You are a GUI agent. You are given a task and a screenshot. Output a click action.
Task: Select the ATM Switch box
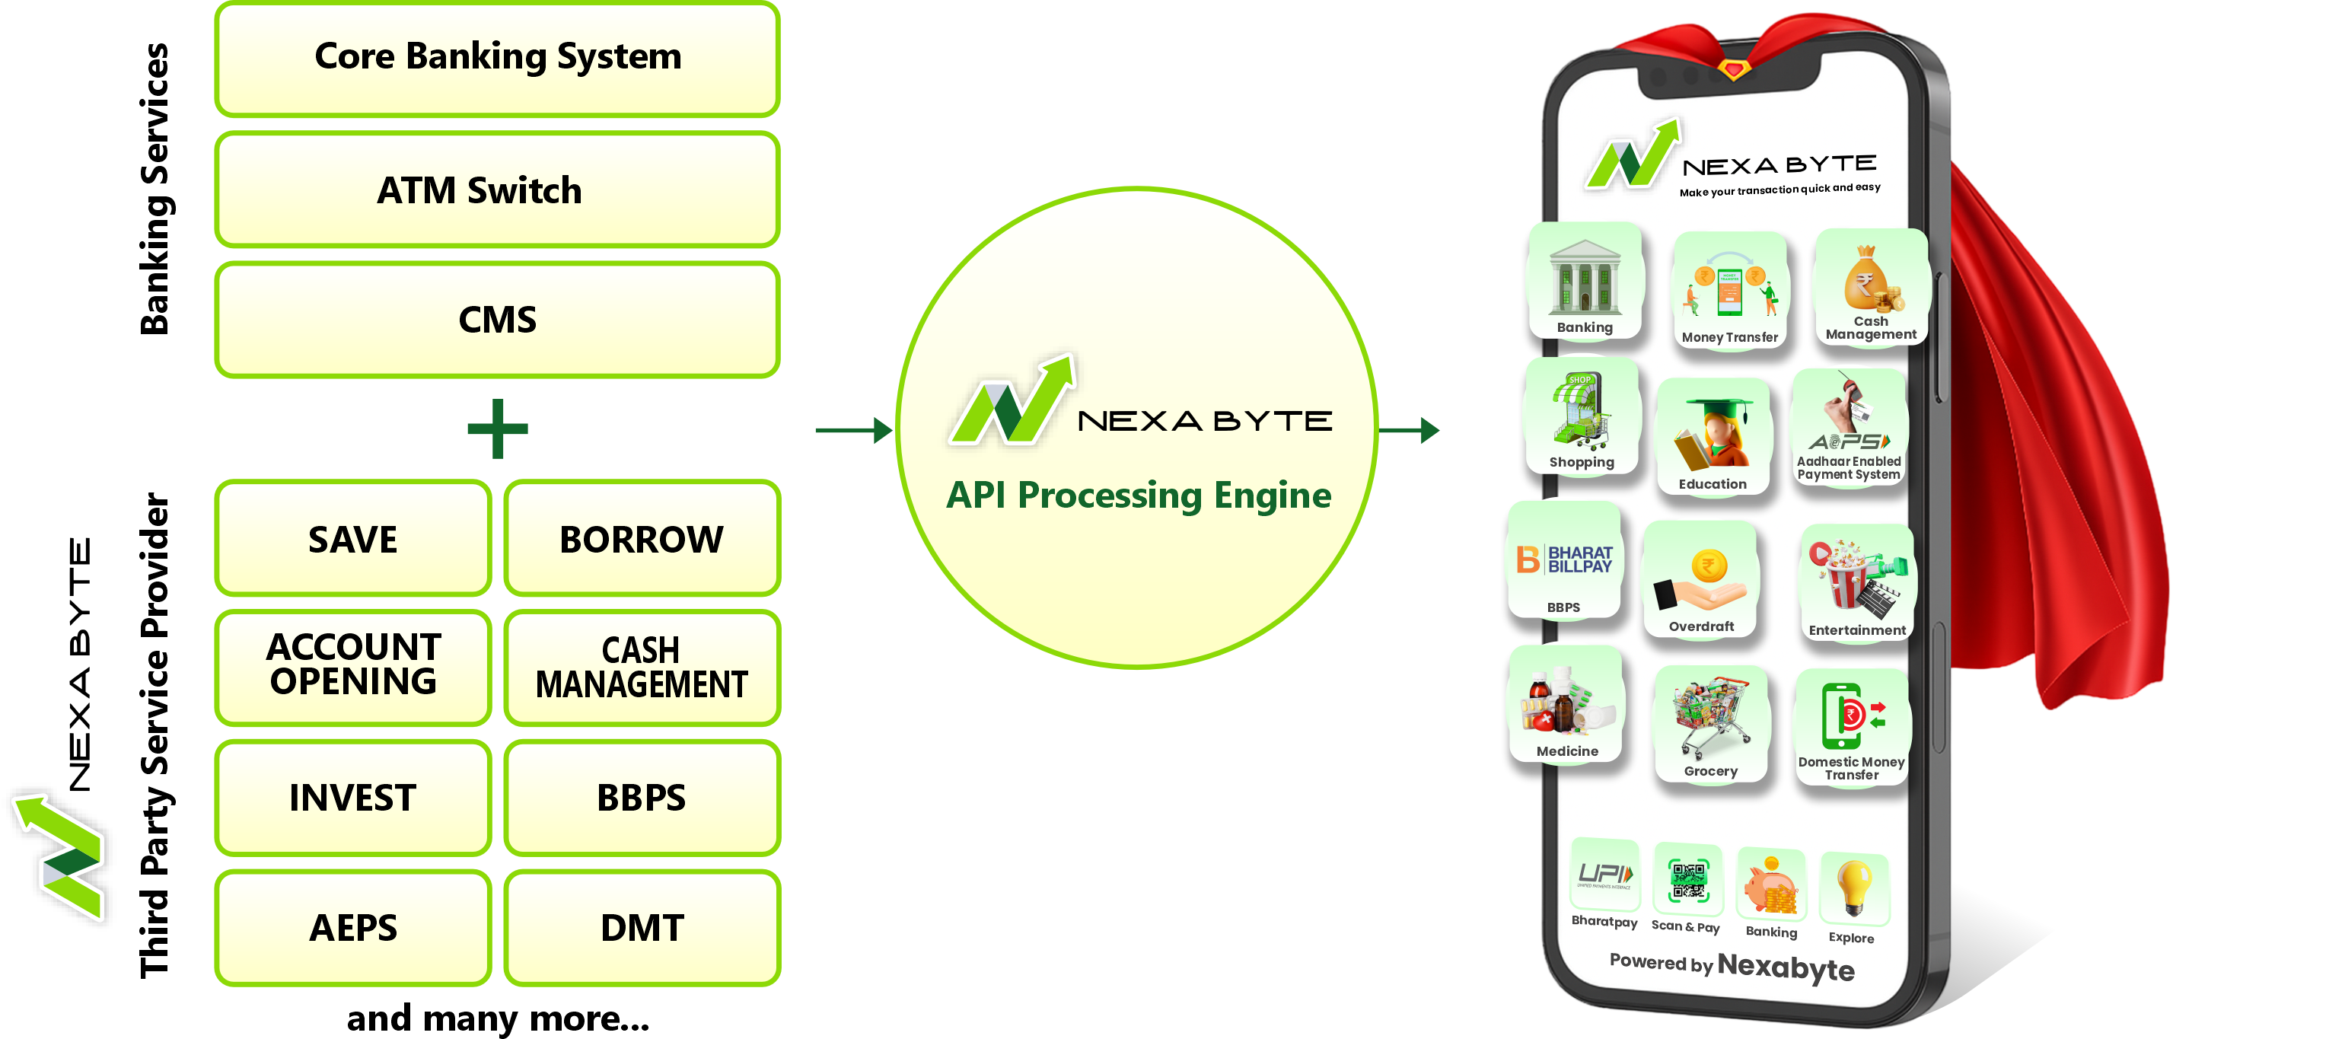(497, 190)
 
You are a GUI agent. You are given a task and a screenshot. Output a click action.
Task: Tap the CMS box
(497, 320)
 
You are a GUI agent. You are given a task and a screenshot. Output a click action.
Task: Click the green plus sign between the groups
(497, 428)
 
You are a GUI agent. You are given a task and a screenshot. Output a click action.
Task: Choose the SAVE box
(353, 539)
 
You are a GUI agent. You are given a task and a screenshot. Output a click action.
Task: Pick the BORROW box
(642, 539)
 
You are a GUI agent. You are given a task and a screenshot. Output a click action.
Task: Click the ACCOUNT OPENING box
(353, 666)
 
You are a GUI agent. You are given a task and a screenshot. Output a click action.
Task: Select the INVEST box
(353, 798)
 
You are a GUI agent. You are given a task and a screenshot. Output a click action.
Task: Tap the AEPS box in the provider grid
(353, 928)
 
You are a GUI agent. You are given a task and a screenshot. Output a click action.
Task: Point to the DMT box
(642, 928)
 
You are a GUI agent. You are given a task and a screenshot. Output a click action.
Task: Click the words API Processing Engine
(1138, 496)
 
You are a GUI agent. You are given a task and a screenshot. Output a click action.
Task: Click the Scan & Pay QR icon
(1687, 881)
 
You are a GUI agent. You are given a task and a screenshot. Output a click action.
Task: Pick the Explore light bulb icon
(1853, 887)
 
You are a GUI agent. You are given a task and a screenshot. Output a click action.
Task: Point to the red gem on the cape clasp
(1734, 69)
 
